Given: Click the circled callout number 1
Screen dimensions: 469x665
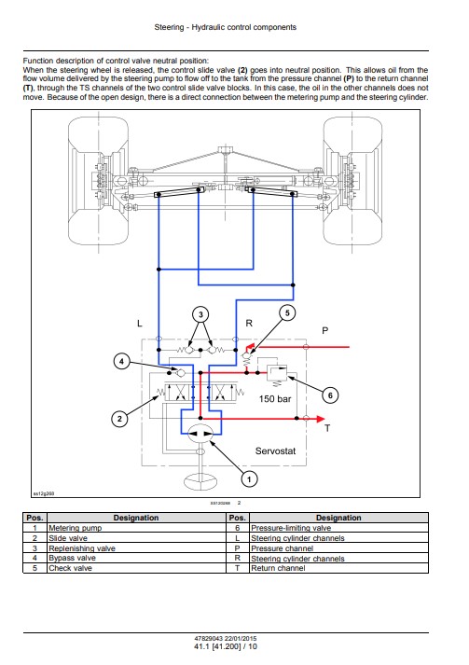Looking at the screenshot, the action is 249,479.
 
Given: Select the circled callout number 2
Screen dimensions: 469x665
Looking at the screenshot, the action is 119,419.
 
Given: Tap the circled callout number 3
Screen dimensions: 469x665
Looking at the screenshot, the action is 200,314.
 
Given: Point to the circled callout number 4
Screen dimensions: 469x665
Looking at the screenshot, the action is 122,361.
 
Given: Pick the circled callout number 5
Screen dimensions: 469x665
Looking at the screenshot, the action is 287,313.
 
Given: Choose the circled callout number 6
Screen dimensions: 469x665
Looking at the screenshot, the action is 330,395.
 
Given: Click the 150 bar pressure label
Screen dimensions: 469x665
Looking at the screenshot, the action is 275,399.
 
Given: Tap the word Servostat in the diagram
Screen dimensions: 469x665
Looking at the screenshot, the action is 275,450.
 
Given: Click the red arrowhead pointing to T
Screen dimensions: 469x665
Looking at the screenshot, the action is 319,419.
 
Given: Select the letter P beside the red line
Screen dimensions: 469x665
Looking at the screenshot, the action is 324,331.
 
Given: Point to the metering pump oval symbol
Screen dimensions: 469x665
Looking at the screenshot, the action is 200,434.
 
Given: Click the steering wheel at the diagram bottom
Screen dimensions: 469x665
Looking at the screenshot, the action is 200,482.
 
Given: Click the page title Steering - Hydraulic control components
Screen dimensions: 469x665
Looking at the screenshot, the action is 225,27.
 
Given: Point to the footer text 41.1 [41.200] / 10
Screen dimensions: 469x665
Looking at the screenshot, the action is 226,646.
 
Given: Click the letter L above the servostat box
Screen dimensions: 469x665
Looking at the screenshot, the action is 140,324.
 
